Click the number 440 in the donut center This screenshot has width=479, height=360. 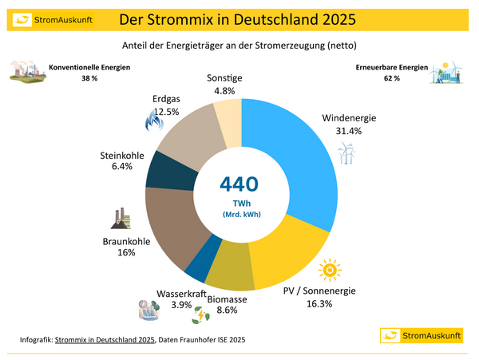[x=239, y=184]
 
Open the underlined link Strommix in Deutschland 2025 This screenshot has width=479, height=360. [x=105, y=341]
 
